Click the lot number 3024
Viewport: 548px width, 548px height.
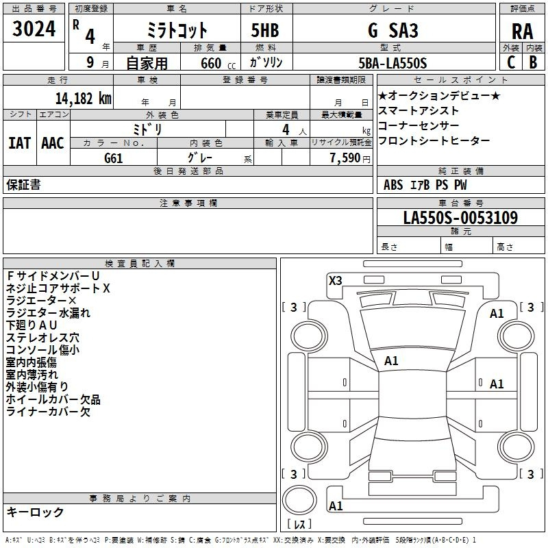(x=34, y=29)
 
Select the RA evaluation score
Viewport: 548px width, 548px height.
(x=522, y=32)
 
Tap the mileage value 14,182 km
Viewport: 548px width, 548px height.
(x=83, y=99)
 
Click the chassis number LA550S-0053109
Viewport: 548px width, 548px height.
(x=460, y=217)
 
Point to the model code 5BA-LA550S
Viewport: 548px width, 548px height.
(x=393, y=63)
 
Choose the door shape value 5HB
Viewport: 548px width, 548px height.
(x=265, y=30)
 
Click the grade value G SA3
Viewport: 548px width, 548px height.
(x=393, y=30)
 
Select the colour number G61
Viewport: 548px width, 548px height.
(x=114, y=158)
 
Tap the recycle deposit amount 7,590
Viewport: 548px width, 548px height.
(x=345, y=158)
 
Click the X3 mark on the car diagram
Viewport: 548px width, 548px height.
(x=335, y=281)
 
